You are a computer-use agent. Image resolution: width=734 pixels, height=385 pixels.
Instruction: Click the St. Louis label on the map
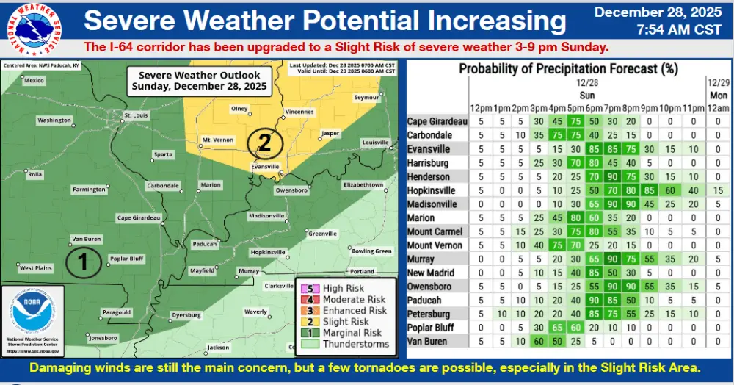[x=137, y=115]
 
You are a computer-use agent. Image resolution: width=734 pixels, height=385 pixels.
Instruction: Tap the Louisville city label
[x=375, y=142]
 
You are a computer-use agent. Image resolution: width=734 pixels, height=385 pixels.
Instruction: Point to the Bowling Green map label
[x=372, y=251]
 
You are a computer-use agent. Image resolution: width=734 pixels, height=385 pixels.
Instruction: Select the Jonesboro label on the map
[x=102, y=338]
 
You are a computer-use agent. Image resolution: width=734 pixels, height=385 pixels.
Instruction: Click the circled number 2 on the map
[x=264, y=142]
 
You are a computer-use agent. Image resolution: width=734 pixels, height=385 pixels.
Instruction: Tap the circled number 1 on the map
[x=83, y=262]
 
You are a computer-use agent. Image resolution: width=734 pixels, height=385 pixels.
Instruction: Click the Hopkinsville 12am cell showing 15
[x=718, y=190]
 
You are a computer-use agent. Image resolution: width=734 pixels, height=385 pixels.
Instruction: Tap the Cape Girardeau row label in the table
[x=437, y=122]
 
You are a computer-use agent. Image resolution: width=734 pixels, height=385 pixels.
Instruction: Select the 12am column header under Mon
[x=718, y=109]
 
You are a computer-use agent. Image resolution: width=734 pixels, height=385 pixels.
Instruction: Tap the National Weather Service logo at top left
[x=33, y=31]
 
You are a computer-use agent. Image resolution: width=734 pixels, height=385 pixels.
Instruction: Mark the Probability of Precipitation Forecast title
[x=567, y=70]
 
